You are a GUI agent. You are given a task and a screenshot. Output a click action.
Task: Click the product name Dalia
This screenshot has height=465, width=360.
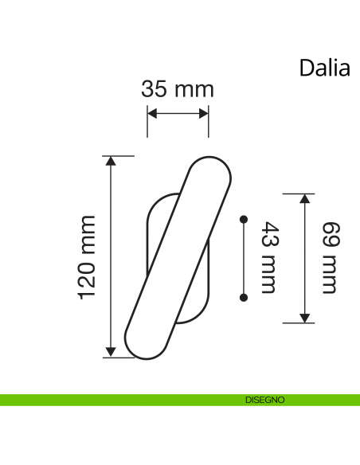click(324, 68)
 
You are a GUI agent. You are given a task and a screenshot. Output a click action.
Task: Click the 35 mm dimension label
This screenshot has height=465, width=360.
click(178, 88)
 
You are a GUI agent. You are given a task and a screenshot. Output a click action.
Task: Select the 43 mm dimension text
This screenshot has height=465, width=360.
click(267, 257)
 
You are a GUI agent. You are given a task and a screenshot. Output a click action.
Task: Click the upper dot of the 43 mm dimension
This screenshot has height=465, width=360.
click(244, 217)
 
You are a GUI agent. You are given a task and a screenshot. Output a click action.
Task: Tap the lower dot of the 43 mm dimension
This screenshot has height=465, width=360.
click(244, 298)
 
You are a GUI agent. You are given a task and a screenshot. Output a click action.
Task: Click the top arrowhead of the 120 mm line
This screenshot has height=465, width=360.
click(111, 162)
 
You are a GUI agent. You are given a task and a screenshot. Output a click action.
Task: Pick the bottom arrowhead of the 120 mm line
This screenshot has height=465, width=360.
click(111, 351)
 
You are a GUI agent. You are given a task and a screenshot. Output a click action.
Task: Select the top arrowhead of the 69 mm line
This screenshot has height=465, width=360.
click(303, 199)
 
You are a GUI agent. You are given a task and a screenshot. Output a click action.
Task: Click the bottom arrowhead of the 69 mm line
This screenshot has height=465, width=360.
click(303, 317)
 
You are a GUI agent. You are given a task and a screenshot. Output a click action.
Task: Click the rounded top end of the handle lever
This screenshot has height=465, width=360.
click(211, 170)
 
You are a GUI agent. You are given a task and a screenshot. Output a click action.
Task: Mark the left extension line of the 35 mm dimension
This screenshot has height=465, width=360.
click(147, 122)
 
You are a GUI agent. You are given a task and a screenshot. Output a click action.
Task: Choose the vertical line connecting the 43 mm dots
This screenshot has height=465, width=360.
click(244, 257)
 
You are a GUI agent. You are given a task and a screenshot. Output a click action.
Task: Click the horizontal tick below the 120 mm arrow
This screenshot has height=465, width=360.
click(118, 358)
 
